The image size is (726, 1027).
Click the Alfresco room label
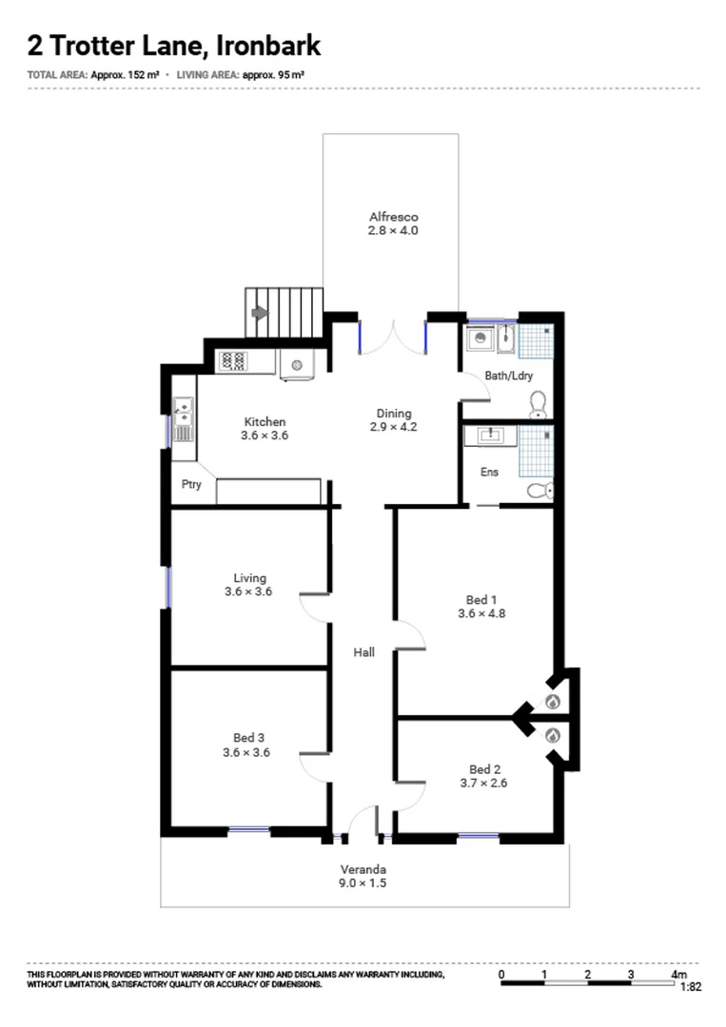(x=393, y=217)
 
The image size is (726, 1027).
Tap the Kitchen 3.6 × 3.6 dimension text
(x=265, y=436)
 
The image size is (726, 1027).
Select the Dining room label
(x=394, y=413)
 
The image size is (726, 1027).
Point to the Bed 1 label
(x=481, y=599)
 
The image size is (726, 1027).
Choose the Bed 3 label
(x=249, y=737)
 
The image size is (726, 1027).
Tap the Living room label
(x=249, y=577)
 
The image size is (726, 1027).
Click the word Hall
(x=363, y=652)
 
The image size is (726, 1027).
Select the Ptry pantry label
(x=191, y=484)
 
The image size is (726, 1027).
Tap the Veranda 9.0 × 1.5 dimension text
(x=363, y=883)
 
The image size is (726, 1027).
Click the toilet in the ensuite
(x=540, y=491)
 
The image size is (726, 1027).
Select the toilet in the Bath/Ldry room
(x=539, y=403)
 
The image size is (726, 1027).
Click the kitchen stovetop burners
(x=232, y=361)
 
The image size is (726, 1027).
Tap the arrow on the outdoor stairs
(x=258, y=311)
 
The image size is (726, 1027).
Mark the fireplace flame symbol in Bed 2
(x=553, y=735)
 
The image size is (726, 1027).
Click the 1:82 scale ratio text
(x=691, y=987)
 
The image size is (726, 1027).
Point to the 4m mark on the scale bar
(x=677, y=974)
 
